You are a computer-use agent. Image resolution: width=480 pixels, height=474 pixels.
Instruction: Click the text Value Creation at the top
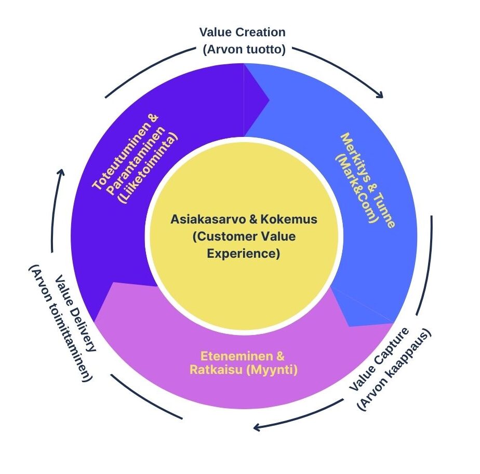point(242,32)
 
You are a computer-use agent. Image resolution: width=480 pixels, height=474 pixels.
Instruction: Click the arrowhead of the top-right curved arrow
point(380,95)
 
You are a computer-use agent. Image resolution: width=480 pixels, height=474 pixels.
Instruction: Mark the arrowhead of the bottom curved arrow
point(256,428)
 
